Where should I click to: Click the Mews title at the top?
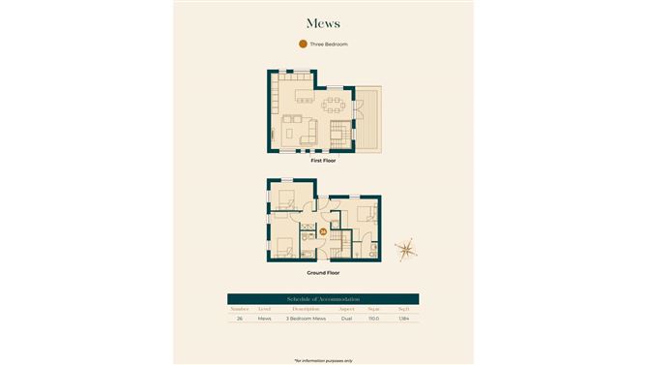[x=322, y=22]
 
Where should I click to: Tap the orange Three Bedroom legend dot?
[x=303, y=45]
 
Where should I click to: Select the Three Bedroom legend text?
[x=329, y=45]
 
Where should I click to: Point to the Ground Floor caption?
[x=322, y=273]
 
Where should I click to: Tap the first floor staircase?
[x=338, y=133]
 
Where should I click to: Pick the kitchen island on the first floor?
[x=306, y=97]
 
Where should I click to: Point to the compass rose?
[x=408, y=249]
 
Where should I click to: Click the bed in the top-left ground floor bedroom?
[x=287, y=200]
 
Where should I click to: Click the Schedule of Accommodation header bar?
[x=322, y=298]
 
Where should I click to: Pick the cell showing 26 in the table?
[x=240, y=319]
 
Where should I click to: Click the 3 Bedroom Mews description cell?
[x=306, y=319]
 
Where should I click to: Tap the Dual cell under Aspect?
[x=346, y=319]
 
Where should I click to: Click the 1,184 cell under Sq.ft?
[x=403, y=319]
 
